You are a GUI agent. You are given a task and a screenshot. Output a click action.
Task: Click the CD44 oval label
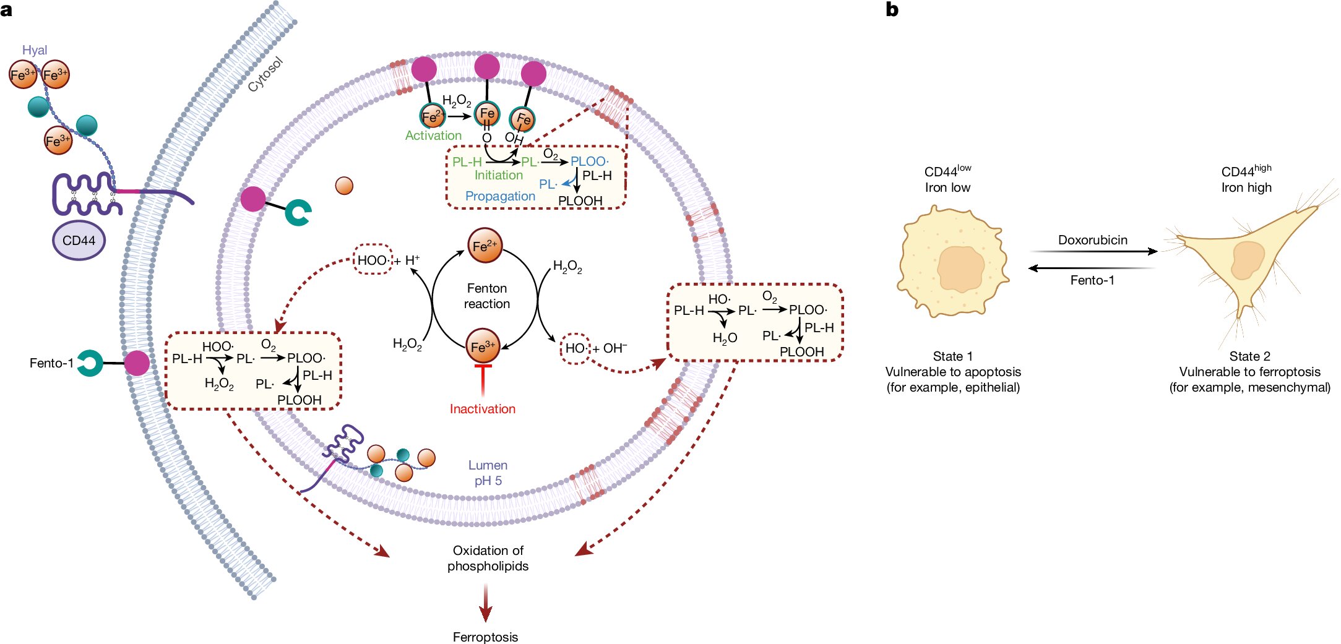(x=79, y=241)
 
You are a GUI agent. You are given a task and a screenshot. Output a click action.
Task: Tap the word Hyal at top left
(x=35, y=50)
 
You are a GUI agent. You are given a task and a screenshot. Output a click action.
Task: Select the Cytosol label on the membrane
(x=265, y=75)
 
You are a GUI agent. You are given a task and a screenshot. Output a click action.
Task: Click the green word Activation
(x=433, y=135)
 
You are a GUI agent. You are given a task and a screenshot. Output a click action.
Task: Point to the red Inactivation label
(x=483, y=409)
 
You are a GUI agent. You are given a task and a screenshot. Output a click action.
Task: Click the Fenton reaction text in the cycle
(x=487, y=296)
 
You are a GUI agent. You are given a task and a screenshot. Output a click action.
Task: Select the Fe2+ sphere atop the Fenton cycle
(x=485, y=246)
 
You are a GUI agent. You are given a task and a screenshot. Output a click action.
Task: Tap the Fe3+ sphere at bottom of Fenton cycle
(x=483, y=346)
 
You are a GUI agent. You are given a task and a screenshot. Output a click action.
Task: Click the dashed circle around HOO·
(x=373, y=260)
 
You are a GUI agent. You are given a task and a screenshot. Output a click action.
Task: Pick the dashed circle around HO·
(x=576, y=348)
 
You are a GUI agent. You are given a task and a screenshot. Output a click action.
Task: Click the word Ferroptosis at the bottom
(x=485, y=637)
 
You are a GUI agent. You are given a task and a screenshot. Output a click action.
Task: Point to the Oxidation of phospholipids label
(x=488, y=558)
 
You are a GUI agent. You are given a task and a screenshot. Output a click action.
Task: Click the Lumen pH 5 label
(x=488, y=473)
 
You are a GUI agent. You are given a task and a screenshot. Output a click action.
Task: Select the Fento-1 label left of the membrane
(x=51, y=363)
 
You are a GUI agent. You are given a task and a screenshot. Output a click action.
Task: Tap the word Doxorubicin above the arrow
(x=1093, y=240)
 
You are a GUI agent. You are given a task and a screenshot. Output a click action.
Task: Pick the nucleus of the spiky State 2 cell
(x=1248, y=260)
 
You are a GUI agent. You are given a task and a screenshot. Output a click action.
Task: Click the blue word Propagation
(x=500, y=196)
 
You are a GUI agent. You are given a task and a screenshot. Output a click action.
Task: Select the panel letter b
(x=892, y=9)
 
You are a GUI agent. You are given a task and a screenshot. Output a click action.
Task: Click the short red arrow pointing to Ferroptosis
(x=486, y=603)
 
